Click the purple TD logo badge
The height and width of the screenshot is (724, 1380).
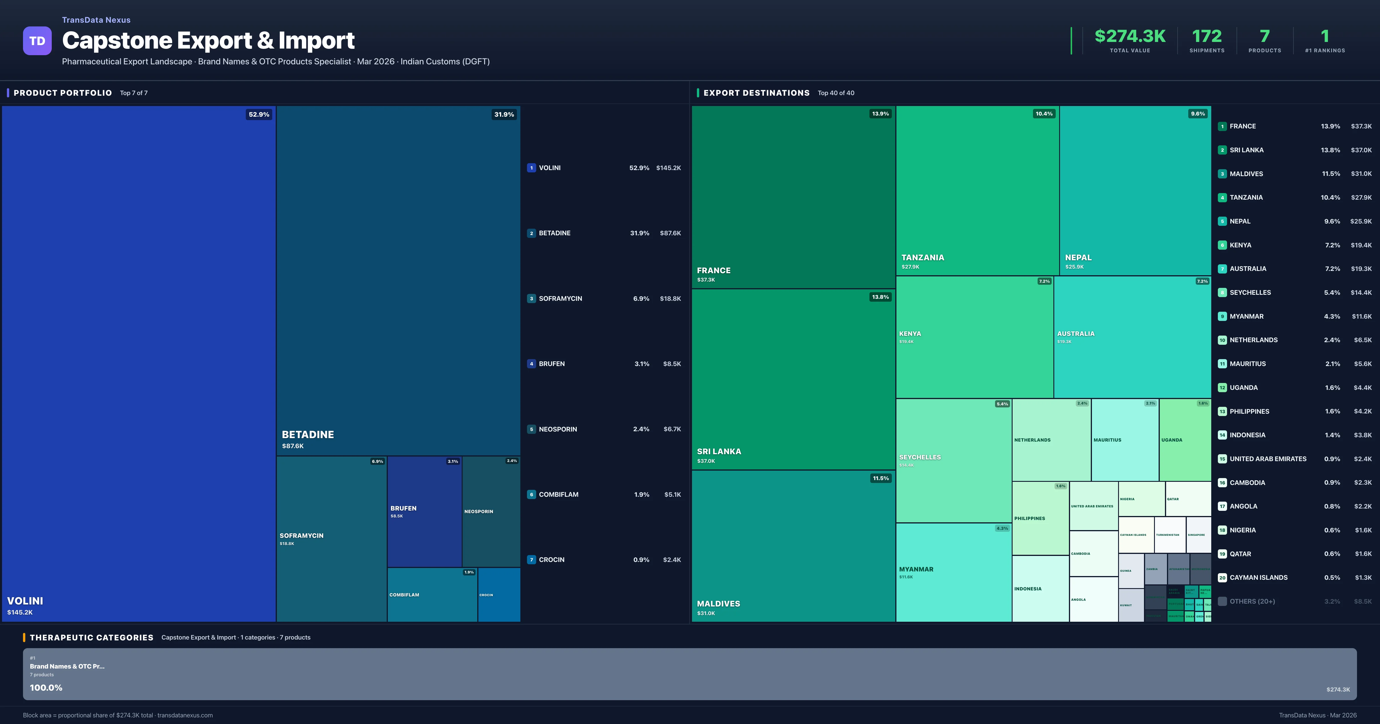(37, 41)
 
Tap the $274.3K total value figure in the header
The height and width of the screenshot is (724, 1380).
(1130, 36)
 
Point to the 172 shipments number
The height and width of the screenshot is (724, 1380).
(1206, 36)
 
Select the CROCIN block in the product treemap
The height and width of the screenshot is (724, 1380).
(499, 594)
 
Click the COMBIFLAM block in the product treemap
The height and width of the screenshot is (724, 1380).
(432, 594)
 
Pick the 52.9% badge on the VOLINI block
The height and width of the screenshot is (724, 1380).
(259, 115)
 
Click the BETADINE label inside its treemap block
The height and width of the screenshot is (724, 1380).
(308, 434)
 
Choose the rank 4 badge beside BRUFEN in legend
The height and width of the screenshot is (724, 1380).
(531, 364)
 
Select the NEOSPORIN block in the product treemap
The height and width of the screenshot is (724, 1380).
(491, 511)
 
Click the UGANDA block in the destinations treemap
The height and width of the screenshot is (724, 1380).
(1184, 440)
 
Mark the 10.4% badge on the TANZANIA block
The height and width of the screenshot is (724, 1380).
(1044, 113)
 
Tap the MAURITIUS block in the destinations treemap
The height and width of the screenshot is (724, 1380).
(1124, 440)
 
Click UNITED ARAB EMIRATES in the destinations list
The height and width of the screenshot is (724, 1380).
(1268, 459)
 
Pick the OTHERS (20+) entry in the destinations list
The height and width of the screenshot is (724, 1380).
(1252, 601)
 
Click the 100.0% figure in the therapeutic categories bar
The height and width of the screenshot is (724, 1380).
(46, 688)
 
